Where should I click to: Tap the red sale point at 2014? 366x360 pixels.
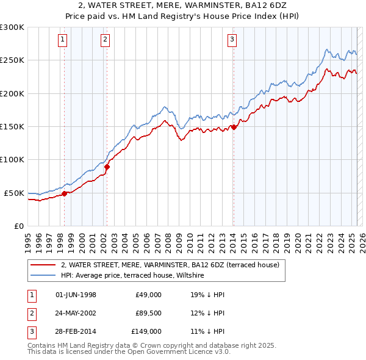(234, 127)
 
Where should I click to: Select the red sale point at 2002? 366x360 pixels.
(107, 166)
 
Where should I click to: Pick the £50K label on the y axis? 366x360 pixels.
(14, 193)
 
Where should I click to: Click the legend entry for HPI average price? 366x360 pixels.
(132, 276)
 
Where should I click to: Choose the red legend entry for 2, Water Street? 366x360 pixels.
(170, 265)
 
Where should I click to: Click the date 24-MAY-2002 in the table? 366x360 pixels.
(76, 313)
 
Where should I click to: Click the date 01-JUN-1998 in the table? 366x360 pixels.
(76, 295)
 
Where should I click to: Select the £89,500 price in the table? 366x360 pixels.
(148, 313)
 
